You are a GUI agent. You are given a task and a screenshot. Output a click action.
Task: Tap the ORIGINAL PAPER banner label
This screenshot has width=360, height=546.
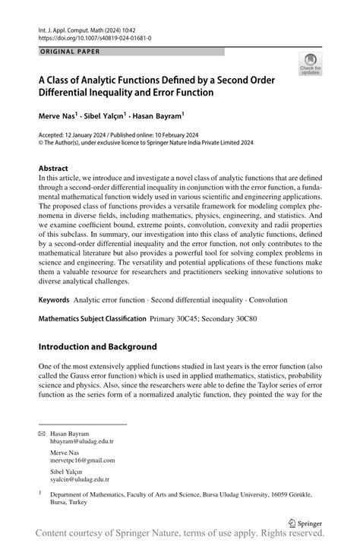68,52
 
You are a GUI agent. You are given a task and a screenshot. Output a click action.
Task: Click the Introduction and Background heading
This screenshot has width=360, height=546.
97,347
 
